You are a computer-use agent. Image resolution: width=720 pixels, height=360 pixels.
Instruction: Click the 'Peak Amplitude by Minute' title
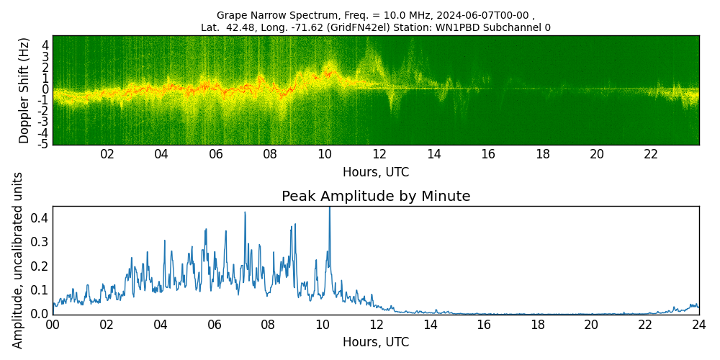(x=376, y=197)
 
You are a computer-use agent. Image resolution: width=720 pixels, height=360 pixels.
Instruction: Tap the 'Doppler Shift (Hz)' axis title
(x=24, y=90)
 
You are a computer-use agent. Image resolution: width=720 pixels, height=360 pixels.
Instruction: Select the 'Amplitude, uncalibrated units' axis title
(x=18, y=260)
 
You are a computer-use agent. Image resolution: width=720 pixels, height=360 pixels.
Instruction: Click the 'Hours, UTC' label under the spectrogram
(x=376, y=172)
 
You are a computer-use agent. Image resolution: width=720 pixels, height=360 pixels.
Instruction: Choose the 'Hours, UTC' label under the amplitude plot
(x=376, y=342)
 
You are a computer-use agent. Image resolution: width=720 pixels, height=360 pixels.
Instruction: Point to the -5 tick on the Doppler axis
(x=44, y=144)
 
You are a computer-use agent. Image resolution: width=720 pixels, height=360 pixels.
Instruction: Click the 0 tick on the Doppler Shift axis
(x=45, y=89)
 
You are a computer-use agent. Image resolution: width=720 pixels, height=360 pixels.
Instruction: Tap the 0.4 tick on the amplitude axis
(x=40, y=217)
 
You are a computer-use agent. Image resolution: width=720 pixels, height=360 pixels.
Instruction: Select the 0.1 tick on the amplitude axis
(x=40, y=289)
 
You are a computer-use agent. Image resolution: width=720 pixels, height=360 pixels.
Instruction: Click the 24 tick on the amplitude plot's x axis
(x=698, y=325)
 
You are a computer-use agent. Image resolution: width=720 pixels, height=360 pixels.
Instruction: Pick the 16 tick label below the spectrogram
(x=488, y=155)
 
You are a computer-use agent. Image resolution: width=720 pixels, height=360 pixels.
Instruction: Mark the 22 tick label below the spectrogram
(x=651, y=155)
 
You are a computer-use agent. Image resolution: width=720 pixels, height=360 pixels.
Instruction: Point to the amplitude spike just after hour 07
(x=245, y=213)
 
